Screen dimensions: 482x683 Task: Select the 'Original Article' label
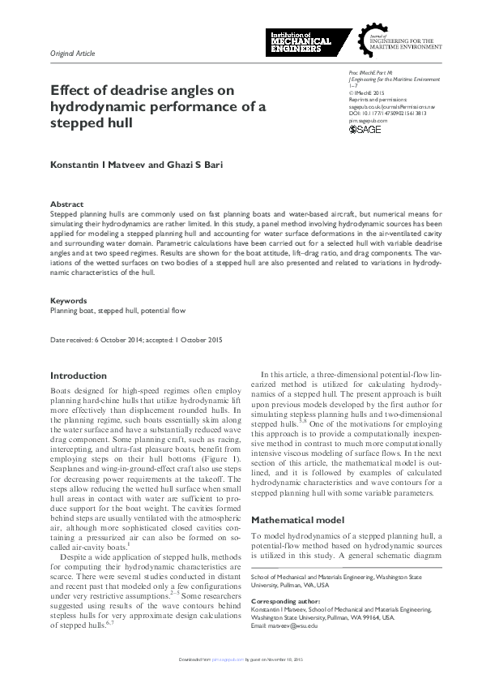click(x=73, y=54)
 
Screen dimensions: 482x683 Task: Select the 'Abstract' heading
click(x=66, y=204)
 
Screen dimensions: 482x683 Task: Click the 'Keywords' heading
click(x=68, y=300)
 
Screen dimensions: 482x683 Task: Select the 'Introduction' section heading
click(x=78, y=376)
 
